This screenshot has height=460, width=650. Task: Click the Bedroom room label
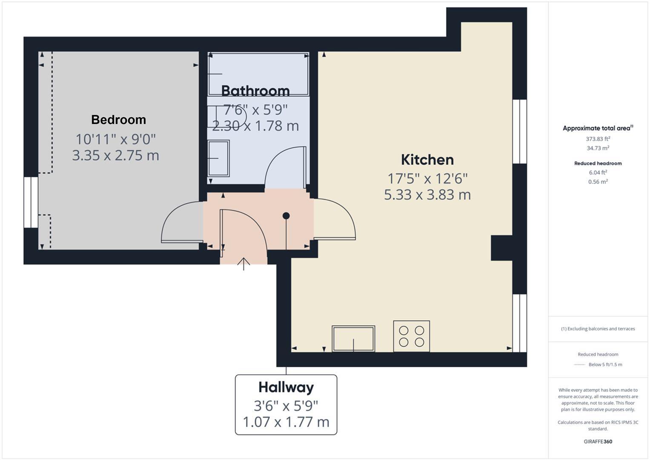click(118, 120)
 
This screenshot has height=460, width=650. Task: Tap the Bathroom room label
click(255, 91)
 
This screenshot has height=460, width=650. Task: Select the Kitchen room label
click(427, 160)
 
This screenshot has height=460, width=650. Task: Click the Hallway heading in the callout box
click(286, 388)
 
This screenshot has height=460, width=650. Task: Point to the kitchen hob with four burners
click(412, 336)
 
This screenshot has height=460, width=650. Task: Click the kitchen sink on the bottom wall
click(353, 339)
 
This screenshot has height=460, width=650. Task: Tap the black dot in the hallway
click(286, 216)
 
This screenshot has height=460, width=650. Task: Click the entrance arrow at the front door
click(244, 264)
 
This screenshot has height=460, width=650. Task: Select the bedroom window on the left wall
click(31, 202)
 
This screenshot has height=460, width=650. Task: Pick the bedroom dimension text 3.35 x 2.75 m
click(115, 155)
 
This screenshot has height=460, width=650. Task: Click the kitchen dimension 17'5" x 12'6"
click(427, 178)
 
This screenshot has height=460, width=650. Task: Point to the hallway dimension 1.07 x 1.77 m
click(286, 422)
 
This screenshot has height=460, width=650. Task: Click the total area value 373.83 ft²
click(598, 139)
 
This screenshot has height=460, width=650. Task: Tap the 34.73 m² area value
click(598, 148)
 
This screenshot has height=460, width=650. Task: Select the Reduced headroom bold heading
click(598, 163)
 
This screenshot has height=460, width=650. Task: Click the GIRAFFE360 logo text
click(598, 441)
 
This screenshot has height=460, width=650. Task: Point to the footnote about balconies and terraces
click(598, 329)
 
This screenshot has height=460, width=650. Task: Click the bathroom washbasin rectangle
click(218, 158)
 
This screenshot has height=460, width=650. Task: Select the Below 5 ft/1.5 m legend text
click(605, 365)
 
